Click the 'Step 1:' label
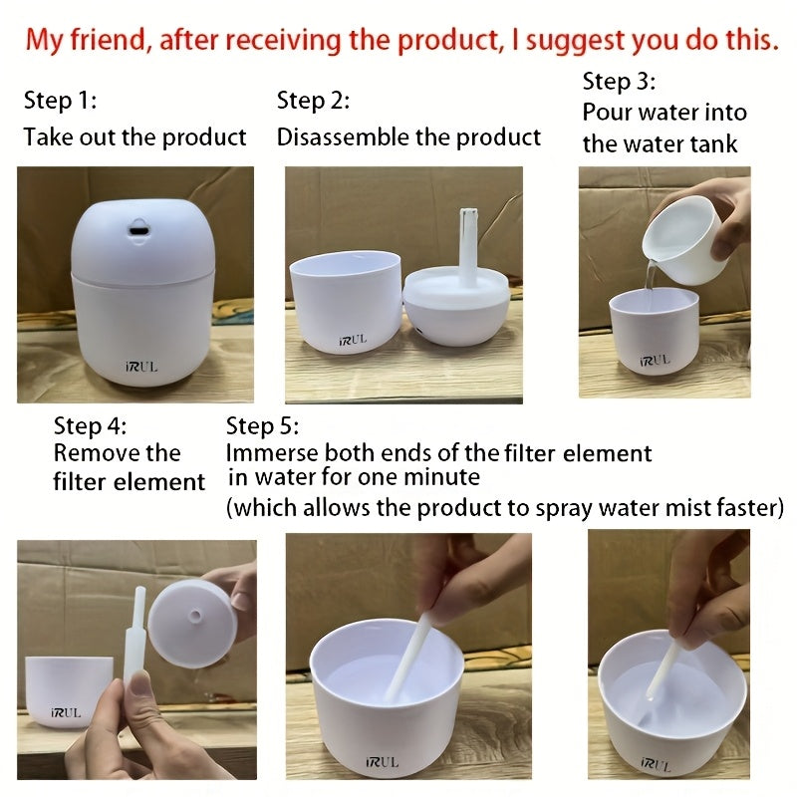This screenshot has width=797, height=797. pyautogui.click(x=59, y=101)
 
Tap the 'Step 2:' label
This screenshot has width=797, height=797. pyautogui.click(x=313, y=101)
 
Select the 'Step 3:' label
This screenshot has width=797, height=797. pyautogui.click(x=619, y=81)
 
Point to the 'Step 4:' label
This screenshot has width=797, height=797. pyautogui.click(x=91, y=426)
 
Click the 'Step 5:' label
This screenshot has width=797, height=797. pyautogui.click(x=262, y=426)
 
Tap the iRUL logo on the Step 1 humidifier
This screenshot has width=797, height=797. pyautogui.click(x=140, y=366)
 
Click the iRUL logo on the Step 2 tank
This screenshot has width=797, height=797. pyautogui.click(x=351, y=339)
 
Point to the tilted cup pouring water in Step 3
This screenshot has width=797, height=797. pyautogui.click(x=682, y=239)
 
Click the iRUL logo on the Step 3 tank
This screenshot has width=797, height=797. pyautogui.click(x=655, y=359)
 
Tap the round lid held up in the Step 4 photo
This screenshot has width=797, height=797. pyautogui.click(x=192, y=622)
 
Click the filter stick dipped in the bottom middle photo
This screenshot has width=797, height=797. pyautogui.click(x=409, y=658)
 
